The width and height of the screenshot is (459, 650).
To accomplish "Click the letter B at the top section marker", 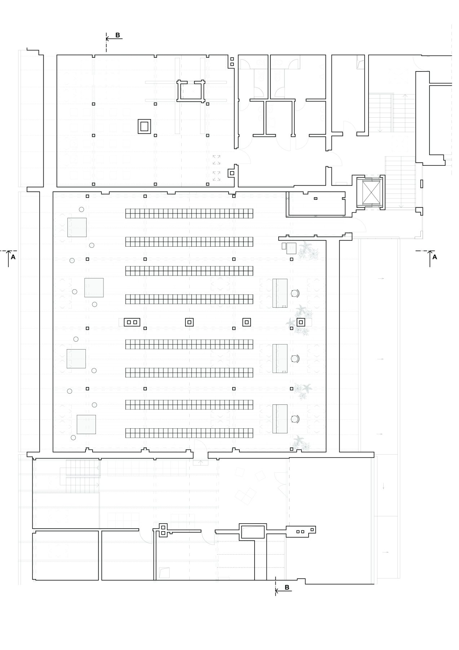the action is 118,35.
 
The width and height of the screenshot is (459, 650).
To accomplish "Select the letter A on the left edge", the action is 13,257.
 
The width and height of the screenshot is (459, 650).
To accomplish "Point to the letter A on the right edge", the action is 434,257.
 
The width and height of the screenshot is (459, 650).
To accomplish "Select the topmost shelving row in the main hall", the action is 189,213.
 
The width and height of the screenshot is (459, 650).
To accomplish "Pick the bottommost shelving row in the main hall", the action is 189,433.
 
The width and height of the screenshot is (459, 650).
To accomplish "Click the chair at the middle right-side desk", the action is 295,358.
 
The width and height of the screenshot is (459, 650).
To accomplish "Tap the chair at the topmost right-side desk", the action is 295,293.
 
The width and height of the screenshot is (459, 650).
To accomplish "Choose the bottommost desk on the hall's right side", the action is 280,419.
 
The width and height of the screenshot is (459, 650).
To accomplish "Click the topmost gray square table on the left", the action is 77,227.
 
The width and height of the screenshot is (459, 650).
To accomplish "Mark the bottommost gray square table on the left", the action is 86,424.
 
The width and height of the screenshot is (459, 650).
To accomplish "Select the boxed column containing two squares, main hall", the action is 132,322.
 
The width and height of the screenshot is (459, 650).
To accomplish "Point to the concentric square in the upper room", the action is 145,126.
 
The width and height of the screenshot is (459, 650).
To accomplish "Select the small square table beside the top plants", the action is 291,248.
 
